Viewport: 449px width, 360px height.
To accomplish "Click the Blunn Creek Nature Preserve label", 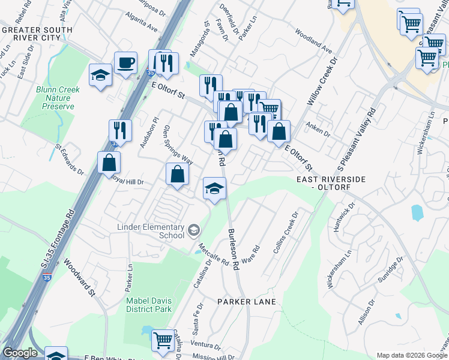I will [x=58, y=98].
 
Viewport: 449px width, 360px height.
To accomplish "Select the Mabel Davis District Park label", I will [x=148, y=305].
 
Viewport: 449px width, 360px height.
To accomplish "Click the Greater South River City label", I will [x=30, y=33].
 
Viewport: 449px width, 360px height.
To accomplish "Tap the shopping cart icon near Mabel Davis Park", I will [x=163, y=340].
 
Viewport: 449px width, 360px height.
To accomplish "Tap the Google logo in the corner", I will [x=20, y=353].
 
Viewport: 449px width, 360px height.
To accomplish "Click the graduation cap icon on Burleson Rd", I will [x=214, y=188].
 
